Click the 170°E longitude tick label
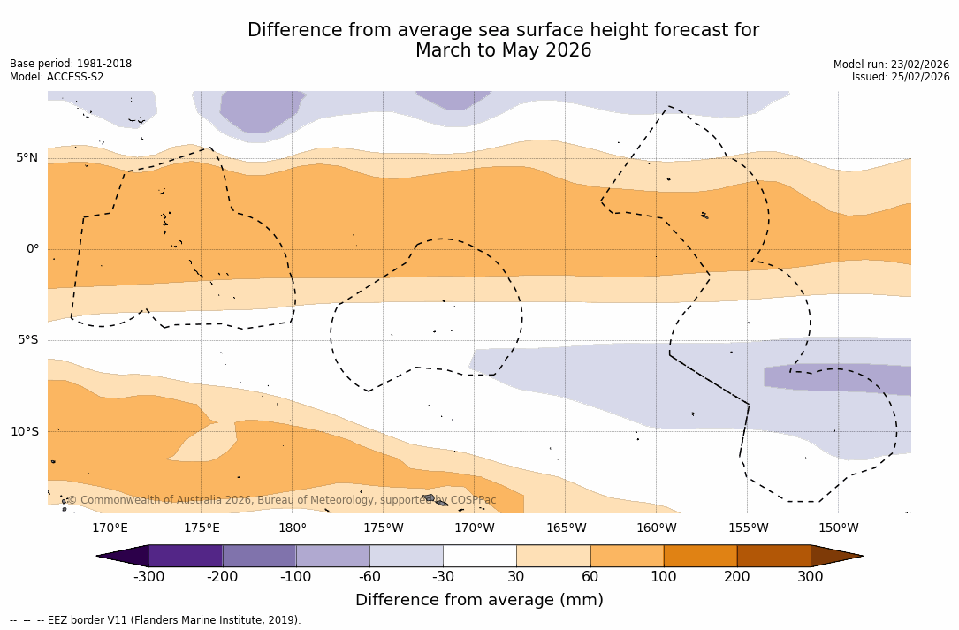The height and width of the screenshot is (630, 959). [x=110, y=528]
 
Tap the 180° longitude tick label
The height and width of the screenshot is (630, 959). [x=292, y=528]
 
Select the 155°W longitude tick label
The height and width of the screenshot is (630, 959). [x=748, y=528]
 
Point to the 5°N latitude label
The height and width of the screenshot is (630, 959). [x=27, y=158]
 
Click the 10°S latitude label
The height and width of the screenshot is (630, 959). [x=24, y=432]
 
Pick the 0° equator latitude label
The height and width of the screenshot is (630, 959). [x=32, y=249]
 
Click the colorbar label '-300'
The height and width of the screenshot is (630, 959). [x=148, y=577]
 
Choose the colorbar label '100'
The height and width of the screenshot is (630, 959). [x=664, y=577]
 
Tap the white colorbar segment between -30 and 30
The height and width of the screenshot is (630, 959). [x=479, y=556]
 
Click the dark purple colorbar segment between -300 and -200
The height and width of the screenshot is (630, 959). [x=186, y=556]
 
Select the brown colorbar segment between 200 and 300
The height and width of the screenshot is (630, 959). [x=773, y=556]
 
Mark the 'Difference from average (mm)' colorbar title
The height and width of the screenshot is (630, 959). [x=479, y=601]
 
